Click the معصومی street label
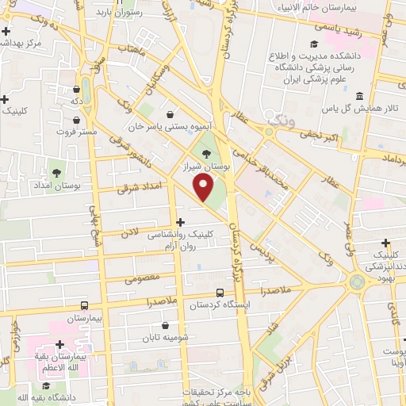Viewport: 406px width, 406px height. (x=142, y=278)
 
